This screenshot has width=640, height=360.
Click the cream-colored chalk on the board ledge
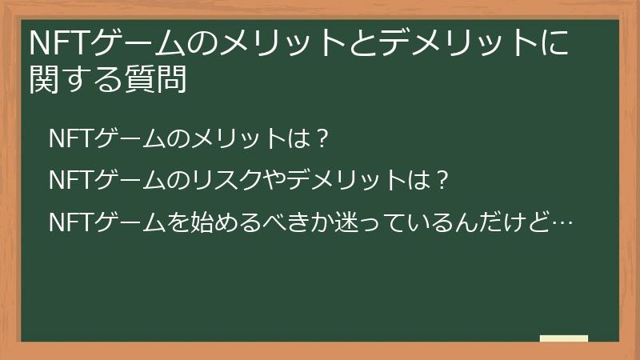(x=564, y=338)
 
